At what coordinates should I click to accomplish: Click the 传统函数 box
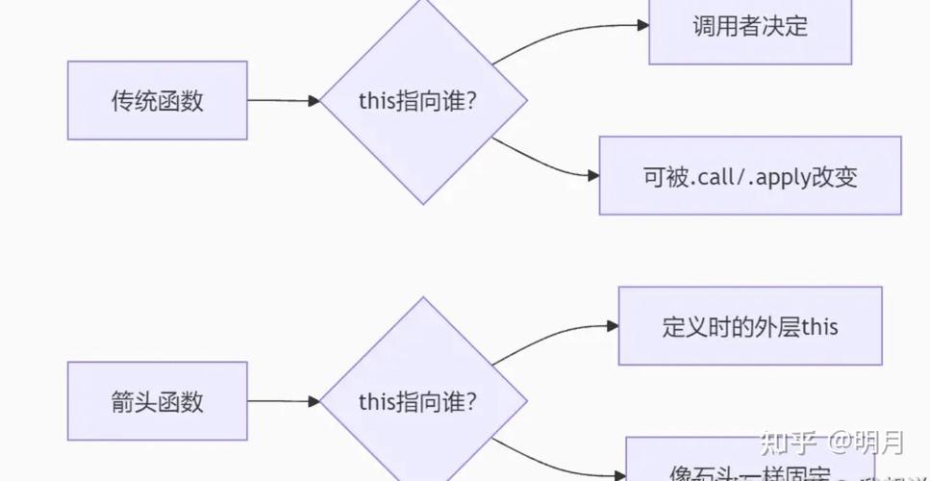tap(157, 100)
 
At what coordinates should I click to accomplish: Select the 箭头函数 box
tap(157, 401)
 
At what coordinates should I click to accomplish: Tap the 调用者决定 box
tap(750, 27)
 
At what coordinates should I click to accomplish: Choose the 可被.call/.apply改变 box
tap(750, 176)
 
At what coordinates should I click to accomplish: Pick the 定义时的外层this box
tap(750, 326)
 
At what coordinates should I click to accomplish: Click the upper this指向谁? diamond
tap(423, 101)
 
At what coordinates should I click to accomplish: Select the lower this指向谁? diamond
tap(423, 401)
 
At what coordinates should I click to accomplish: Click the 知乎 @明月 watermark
tap(831, 443)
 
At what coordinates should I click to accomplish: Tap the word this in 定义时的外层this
tap(819, 327)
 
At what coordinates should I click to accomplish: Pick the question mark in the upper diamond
tap(470, 101)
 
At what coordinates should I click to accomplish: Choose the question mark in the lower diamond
tap(470, 401)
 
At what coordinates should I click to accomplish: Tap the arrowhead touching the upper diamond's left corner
tap(314, 101)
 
